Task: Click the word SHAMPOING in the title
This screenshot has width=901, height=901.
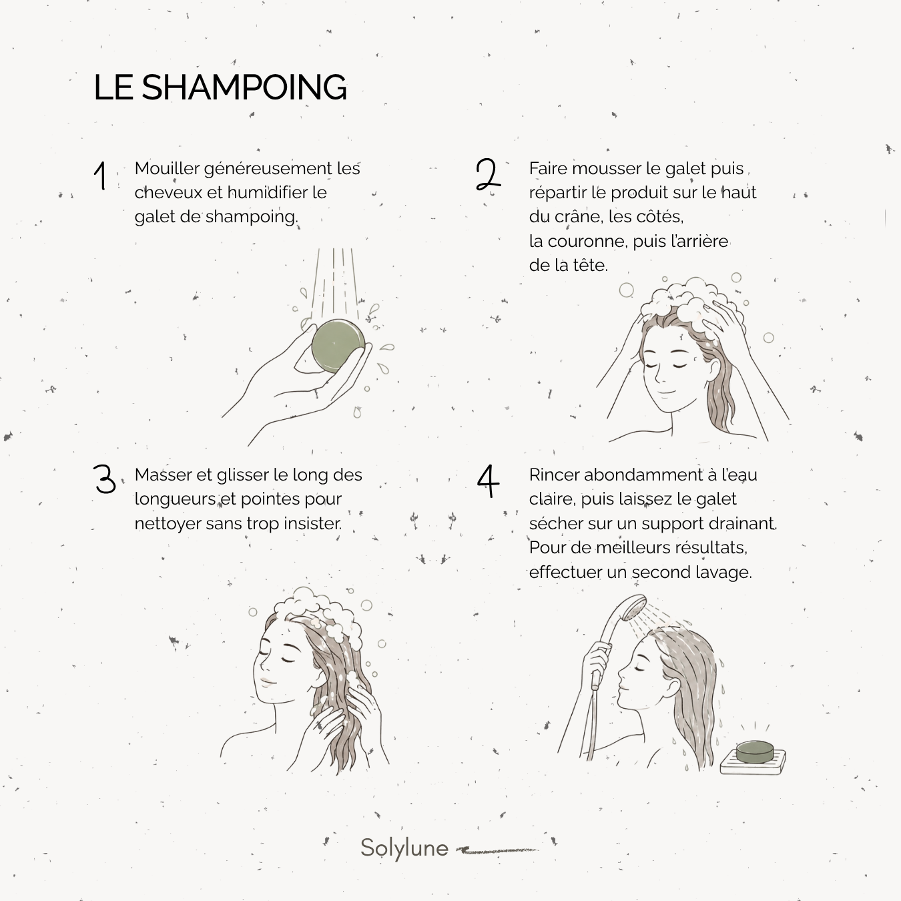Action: tap(244, 87)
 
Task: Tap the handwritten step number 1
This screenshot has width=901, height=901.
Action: tap(100, 176)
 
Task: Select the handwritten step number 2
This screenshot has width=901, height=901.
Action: tap(488, 174)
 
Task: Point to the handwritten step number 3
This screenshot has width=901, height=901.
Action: tap(104, 479)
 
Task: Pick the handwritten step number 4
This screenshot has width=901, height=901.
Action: tap(488, 481)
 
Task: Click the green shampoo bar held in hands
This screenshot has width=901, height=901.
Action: tap(338, 346)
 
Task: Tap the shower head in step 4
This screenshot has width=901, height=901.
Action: tap(633, 608)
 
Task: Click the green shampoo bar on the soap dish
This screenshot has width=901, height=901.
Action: tap(754, 751)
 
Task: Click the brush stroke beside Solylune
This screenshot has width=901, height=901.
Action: tap(497, 850)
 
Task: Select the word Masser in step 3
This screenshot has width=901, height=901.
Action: tap(163, 475)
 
